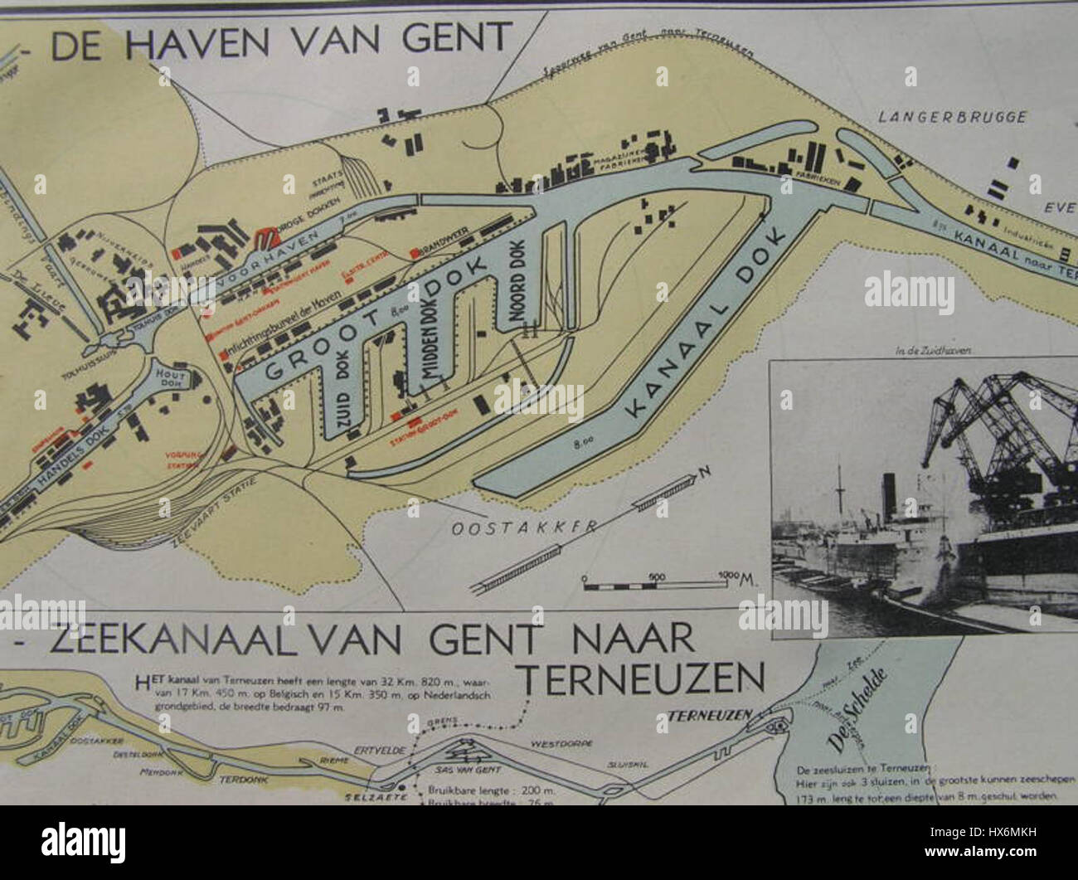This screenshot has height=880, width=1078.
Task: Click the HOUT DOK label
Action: [172, 379]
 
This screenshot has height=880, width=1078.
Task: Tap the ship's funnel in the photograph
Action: [891, 493]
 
